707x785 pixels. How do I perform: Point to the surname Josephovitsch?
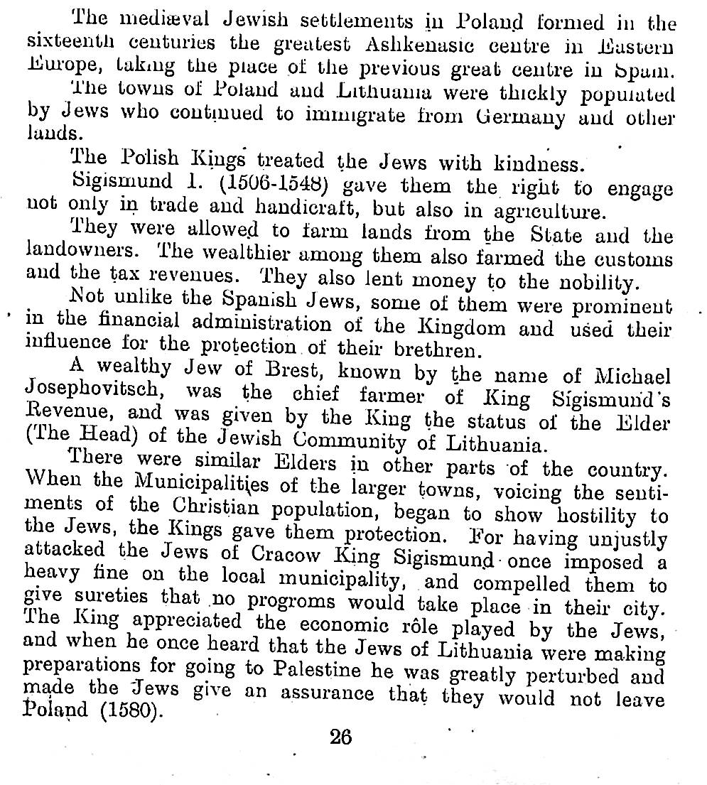click(x=99, y=390)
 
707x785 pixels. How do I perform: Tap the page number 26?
click(x=341, y=737)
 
